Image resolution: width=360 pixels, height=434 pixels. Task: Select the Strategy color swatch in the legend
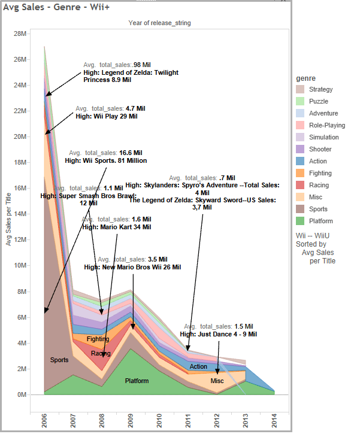tap(300, 89)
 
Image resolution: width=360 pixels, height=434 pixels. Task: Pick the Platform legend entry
tap(300, 221)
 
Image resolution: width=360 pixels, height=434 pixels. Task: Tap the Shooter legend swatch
tap(300, 149)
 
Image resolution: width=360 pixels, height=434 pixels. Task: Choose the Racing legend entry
tap(300, 185)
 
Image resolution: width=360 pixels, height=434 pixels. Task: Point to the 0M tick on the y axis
tap(22, 394)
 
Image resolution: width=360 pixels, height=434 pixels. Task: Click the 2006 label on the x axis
tap(44, 418)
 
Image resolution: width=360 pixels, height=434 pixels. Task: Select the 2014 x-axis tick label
tap(274, 418)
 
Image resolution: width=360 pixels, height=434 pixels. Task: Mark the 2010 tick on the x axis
tap(159, 418)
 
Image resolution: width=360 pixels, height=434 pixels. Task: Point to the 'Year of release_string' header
tap(159, 23)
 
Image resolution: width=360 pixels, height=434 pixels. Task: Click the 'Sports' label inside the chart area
tap(59, 360)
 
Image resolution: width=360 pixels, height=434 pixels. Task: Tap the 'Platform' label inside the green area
tap(137, 381)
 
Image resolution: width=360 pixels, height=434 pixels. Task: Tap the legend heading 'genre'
tap(306, 78)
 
